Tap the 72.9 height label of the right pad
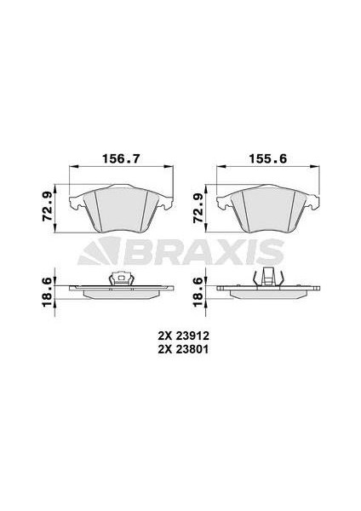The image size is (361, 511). pos(198,206)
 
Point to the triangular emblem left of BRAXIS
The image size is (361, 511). pos(99,251)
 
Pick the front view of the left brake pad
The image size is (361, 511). pos(122,207)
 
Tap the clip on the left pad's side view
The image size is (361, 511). pos(121,278)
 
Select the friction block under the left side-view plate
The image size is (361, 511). pos(122,293)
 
